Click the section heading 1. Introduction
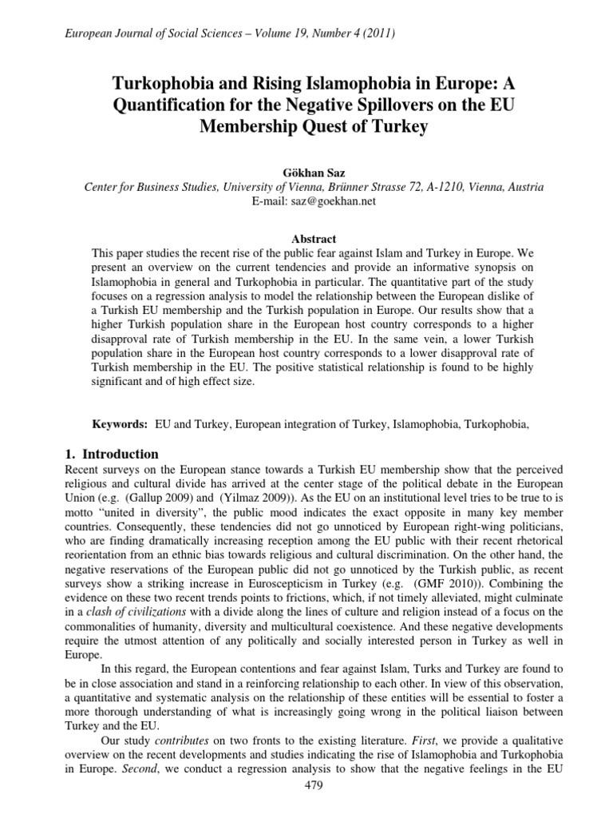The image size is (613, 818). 111,454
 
